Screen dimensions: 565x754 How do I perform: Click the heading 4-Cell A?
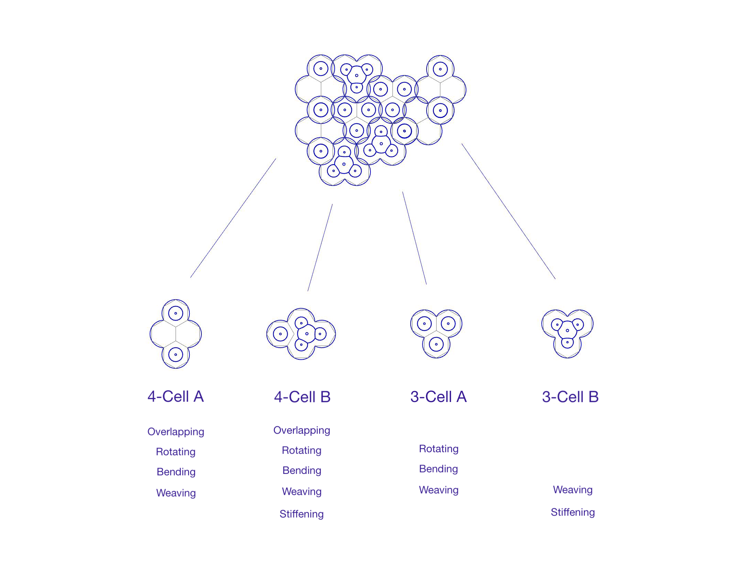click(176, 396)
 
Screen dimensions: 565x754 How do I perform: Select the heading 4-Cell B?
click(302, 397)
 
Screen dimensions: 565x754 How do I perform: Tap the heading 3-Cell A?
click(438, 397)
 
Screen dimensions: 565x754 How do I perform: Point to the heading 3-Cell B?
click(570, 397)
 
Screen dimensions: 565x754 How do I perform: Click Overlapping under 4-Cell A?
click(176, 432)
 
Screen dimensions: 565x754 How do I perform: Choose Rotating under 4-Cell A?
click(176, 452)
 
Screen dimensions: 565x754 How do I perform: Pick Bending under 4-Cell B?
click(302, 470)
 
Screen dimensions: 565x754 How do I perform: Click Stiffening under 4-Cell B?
click(301, 514)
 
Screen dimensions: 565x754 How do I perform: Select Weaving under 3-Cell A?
click(438, 490)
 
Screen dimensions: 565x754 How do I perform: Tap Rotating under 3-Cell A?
click(438, 449)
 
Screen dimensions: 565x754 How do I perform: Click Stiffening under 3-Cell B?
click(573, 512)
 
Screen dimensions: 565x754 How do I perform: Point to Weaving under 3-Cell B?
click(573, 490)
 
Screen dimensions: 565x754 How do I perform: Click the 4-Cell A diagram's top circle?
click(176, 313)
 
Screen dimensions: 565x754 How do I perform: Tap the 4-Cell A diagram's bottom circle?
click(176, 355)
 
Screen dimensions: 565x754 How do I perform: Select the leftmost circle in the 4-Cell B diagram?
click(280, 334)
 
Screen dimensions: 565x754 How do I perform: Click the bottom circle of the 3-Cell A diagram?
click(436, 344)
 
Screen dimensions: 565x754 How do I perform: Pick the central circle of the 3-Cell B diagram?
click(567, 330)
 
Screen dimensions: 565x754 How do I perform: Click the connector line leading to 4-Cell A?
click(233, 218)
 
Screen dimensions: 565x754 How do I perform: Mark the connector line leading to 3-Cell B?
click(508, 211)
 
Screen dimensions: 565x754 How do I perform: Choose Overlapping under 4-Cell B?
click(302, 431)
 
